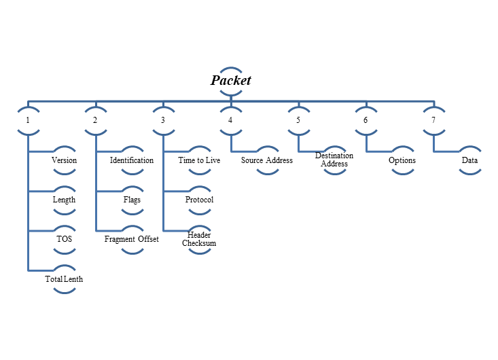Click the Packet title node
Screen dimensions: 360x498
[x=231, y=80]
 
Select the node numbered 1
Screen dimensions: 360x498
[x=28, y=120]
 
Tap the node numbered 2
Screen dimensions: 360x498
[x=95, y=120]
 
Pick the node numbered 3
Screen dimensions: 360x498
[x=163, y=120]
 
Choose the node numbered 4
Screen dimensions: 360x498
[x=230, y=120]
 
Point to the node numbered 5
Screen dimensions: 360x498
[x=298, y=120]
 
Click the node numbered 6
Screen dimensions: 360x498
[x=366, y=120]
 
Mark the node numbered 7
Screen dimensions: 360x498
[x=433, y=120]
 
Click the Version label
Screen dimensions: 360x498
[x=64, y=160]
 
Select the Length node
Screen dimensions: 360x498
[x=64, y=200]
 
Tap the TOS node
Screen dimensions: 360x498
[x=64, y=239]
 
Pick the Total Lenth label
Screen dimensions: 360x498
[x=64, y=279]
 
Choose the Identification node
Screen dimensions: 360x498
[x=132, y=160]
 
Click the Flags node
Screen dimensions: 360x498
[x=132, y=200]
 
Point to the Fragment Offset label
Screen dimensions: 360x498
[x=132, y=239]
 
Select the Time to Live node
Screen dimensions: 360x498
[x=199, y=160]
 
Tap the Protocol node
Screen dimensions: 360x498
[x=199, y=200]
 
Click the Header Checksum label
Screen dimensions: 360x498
[x=199, y=239]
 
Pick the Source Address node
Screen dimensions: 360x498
[x=267, y=160]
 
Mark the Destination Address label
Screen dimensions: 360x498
[x=334, y=160]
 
